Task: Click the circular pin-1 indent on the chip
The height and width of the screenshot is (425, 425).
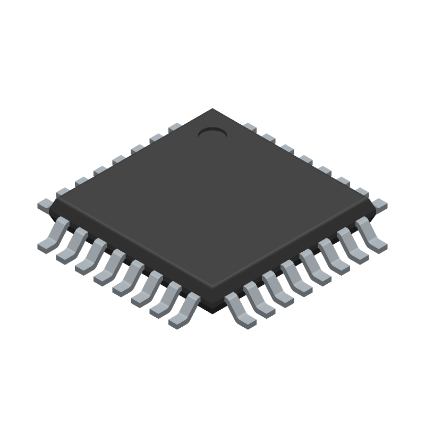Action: [x=212, y=132]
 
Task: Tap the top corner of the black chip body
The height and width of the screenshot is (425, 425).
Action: [x=212, y=110]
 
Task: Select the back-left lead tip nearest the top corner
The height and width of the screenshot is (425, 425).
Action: [x=175, y=127]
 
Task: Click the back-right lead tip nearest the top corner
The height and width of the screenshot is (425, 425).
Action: [x=250, y=127]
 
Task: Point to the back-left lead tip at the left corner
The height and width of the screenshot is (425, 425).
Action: [x=45, y=204]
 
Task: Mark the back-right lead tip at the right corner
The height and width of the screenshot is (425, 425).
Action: [x=380, y=204]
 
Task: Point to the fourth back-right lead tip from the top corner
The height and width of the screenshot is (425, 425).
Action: [x=305, y=159]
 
